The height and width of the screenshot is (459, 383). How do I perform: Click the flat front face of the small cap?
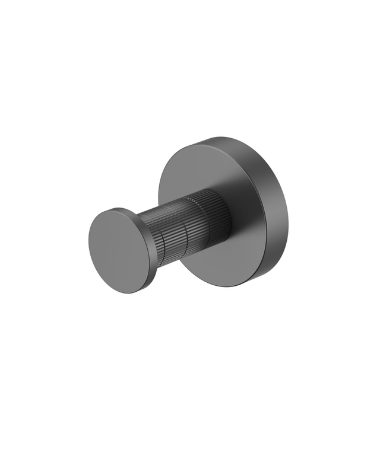click(117, 250)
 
